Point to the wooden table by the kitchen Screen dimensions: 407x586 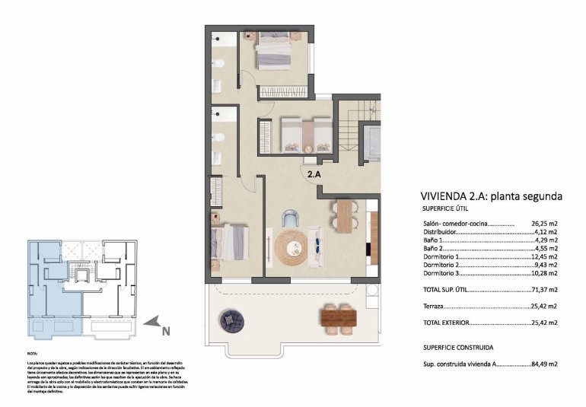345,215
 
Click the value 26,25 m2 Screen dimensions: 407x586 544,224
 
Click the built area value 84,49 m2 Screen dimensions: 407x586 544,364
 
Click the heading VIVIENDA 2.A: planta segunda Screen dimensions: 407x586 491,196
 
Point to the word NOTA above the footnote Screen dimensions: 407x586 32,354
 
